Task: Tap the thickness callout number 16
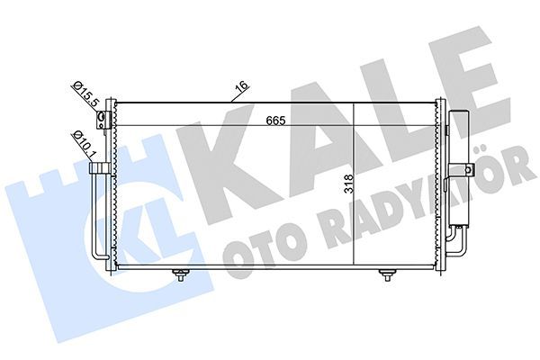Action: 240,88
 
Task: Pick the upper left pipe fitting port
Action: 103,119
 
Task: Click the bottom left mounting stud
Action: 181,275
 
